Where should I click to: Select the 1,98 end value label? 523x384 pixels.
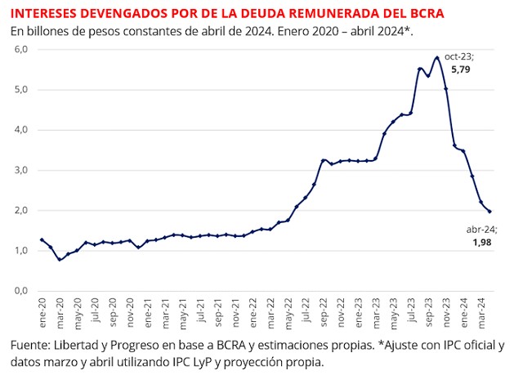(x=481, y=243)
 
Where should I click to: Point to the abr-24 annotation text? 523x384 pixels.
(x=480, y=231)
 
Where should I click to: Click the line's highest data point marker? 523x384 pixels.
(x=437, y=58)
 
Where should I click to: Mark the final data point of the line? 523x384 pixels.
(x=489, y=212)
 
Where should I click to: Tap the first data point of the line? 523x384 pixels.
(x=42, y=239)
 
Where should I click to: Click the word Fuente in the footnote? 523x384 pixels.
(x=31, y=344)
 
